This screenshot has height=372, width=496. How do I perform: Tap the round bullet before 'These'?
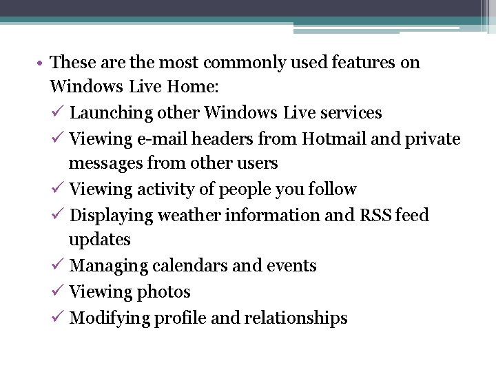pyautogui.click(x=42, y=63)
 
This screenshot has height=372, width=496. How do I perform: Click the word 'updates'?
pyautogui.click(x=99, y=240)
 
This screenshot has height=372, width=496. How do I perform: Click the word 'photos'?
pyautogui.click(x=163, y=292)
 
